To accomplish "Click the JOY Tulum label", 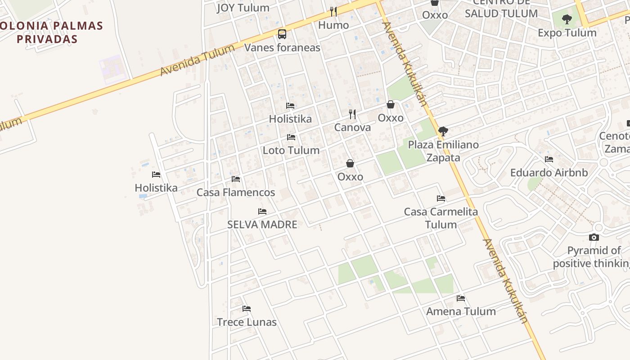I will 243,8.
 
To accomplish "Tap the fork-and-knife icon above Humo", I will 333,11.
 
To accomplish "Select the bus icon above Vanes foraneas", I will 282,34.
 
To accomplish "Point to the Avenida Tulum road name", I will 198,61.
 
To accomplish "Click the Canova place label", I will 352,127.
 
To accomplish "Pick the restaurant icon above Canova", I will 352,114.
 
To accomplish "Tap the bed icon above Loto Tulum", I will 291,137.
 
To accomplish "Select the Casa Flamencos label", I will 236,193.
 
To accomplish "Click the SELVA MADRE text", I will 262,225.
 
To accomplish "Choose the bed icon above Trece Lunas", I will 247,309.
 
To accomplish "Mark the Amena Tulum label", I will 461,311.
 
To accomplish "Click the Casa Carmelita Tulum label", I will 441,218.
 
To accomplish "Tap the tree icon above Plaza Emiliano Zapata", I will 443,131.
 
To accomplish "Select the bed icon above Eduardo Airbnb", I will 549,159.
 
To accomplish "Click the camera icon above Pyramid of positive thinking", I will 594,237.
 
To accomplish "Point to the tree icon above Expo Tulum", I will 567,19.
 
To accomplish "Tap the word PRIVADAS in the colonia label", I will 47,39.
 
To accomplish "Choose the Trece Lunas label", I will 247,322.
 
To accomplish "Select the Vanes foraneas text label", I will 282,48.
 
